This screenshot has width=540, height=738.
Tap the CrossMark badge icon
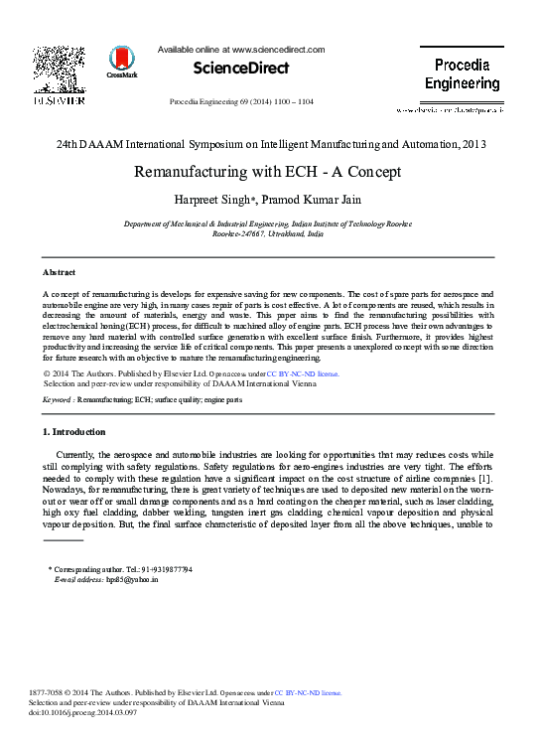tap(122, 62)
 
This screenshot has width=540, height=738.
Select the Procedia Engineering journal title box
tap(462, 74)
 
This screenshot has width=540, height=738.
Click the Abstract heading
tap(59, 271)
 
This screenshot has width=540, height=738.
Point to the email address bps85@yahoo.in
tap(124, 578)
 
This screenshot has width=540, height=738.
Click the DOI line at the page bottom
tap(85, 712)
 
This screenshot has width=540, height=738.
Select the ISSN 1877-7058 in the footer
tap(50, 692)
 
